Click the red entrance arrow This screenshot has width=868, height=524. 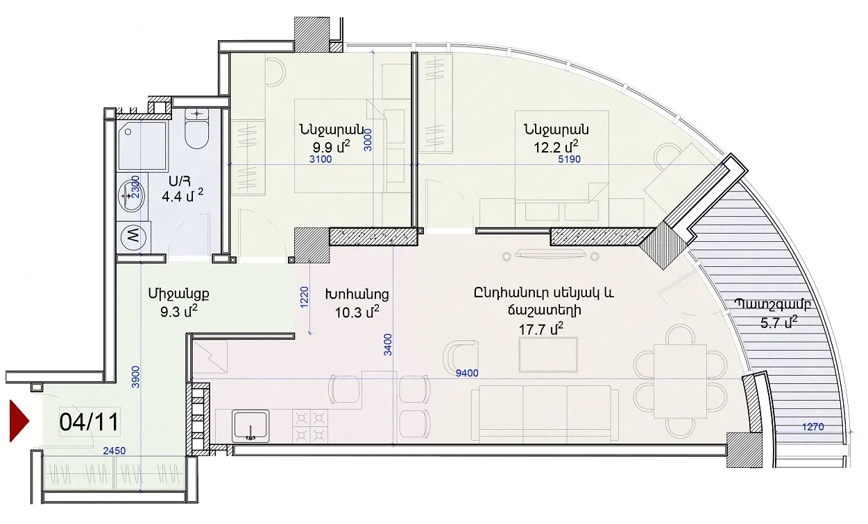(19, 421)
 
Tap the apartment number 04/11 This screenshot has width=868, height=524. (89, 422)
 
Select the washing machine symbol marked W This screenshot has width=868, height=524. (133, 235)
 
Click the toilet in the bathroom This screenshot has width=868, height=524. (197, 128)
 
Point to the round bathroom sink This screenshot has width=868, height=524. (131, 196)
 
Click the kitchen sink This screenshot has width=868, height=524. (250, 426)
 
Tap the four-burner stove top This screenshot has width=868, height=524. (310, 426)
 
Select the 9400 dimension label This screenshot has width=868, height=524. (467, 373)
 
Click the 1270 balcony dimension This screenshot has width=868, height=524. (812, 427)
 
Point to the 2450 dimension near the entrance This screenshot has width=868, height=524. (114, 451)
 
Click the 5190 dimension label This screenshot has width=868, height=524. (569, 159)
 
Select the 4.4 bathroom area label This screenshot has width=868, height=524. (182, 196)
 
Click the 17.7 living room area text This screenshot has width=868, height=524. (541, 329)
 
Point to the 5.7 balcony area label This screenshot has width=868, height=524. (779, 322)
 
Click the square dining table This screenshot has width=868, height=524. (681, 381)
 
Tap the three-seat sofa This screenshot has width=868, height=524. (545, 413)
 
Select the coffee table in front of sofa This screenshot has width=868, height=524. (548, 355)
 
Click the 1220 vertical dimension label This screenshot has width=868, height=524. (305, 297)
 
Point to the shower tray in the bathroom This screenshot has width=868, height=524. (143, 146)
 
